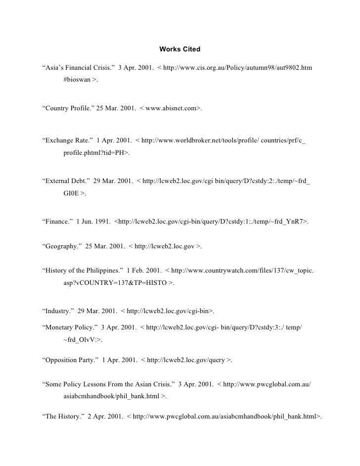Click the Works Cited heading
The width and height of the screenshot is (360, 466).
click(180, 49)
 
